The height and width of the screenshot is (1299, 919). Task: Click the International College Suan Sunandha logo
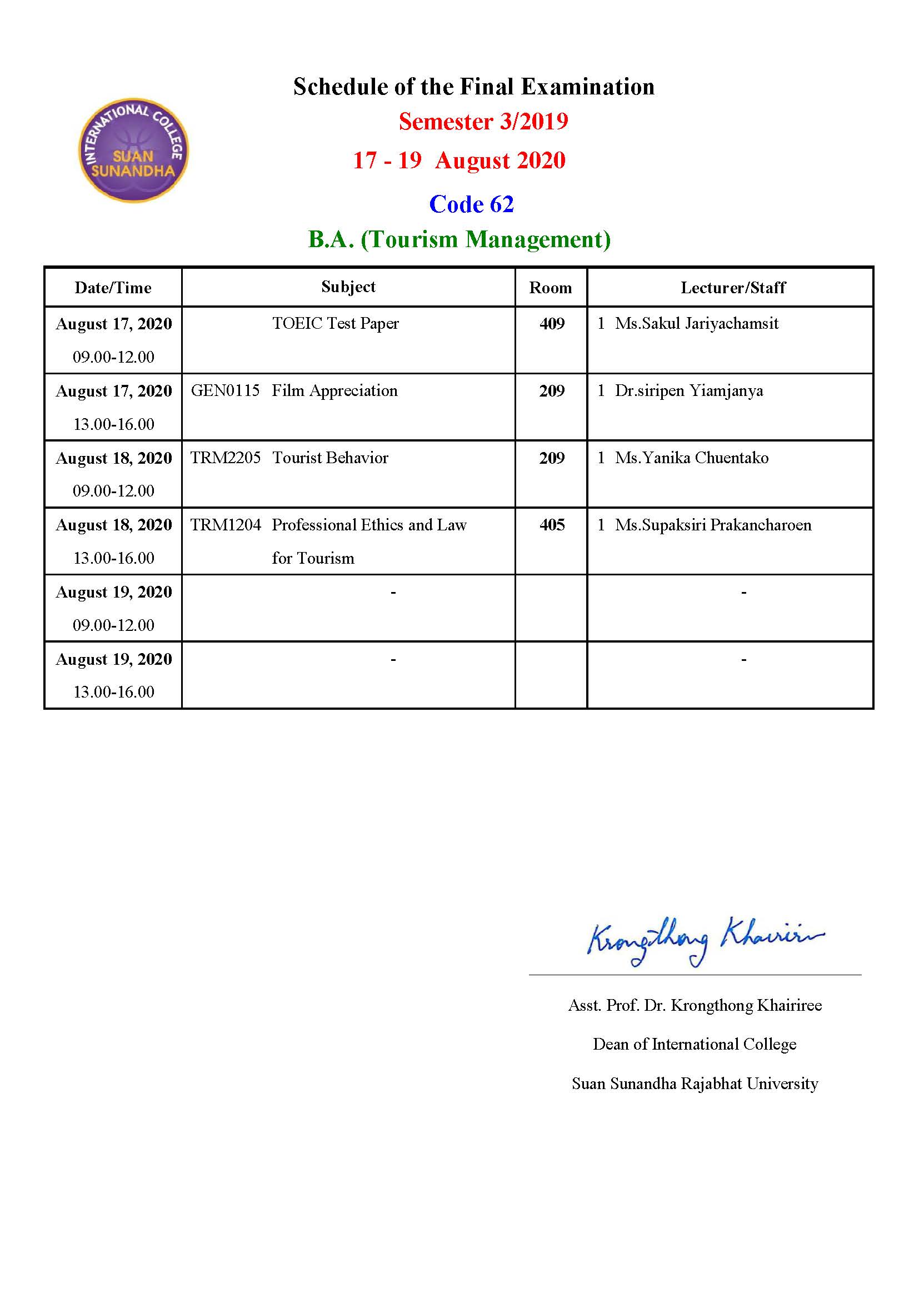(133, 151)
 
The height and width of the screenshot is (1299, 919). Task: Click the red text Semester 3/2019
(483, 122)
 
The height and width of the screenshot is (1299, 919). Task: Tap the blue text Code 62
(471, 204)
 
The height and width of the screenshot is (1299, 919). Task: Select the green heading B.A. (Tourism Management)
(459, 239)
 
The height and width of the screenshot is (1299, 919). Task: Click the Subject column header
(348, 287)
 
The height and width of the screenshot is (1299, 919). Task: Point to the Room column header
(550, 288)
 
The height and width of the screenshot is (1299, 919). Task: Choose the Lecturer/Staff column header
(733, 288)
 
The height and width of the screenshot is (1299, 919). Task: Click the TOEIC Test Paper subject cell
(336, 323)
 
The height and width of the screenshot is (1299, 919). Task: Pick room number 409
(552, 324)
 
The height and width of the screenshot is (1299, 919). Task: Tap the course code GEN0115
(225, 390)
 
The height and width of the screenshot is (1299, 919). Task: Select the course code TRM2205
(225, 458)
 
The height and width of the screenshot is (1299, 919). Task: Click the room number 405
(552, 525)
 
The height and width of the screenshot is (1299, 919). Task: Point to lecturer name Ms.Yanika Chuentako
(692, 458)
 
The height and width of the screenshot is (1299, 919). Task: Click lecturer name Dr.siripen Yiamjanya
(688, 390)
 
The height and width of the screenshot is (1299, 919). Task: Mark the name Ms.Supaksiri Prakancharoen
(713, 525)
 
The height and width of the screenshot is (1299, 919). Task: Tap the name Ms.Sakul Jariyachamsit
(697, 323)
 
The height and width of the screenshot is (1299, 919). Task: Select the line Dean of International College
(695, 1044)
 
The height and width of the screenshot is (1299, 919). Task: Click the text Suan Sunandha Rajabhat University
(695, 1084)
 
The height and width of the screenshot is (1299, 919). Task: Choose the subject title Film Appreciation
(334, 390)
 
